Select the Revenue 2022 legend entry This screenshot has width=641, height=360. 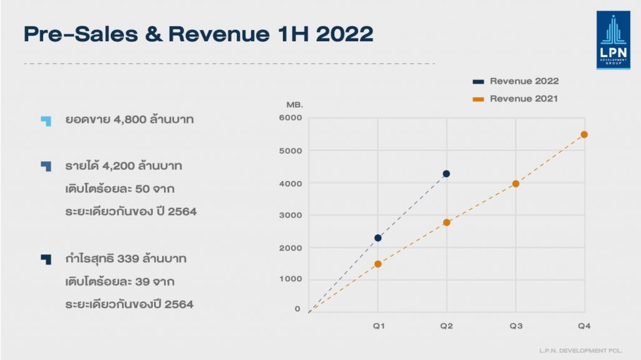click(523, 81)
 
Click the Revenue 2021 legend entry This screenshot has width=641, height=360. click(523, 99)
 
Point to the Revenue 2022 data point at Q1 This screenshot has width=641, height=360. click(377, 238)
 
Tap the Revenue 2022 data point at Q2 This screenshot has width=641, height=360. click(446, 173)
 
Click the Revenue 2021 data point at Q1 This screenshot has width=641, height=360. click(377, 264)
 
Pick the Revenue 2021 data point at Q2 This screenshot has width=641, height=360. click(446, 222)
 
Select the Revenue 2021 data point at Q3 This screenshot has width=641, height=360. click(515, 183)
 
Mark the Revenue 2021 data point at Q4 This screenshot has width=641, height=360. click(584, 135)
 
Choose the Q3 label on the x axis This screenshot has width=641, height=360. click(515, 326)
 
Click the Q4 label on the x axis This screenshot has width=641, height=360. click(584, 326)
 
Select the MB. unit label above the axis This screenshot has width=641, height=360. click(294, 104)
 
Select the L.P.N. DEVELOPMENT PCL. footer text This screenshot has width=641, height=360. click(580, 351)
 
